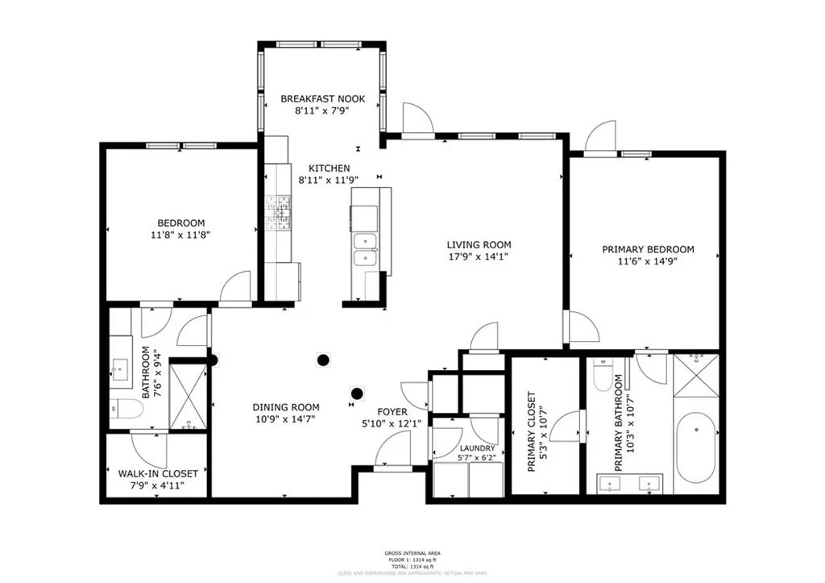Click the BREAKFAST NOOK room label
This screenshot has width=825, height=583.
322,98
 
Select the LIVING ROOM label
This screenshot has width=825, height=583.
479,244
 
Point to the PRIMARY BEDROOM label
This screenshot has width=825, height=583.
648,249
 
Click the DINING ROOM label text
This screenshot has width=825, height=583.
287,407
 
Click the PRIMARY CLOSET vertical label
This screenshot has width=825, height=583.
532,431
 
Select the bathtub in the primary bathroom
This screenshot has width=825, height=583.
695,448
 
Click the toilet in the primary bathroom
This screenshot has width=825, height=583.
603,376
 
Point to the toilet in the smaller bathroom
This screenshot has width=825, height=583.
127,409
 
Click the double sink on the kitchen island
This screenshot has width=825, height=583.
365,249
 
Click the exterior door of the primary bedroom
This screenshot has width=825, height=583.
601,139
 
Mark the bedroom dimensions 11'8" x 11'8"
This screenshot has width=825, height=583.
180,235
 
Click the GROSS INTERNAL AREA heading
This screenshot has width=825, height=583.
412,553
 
